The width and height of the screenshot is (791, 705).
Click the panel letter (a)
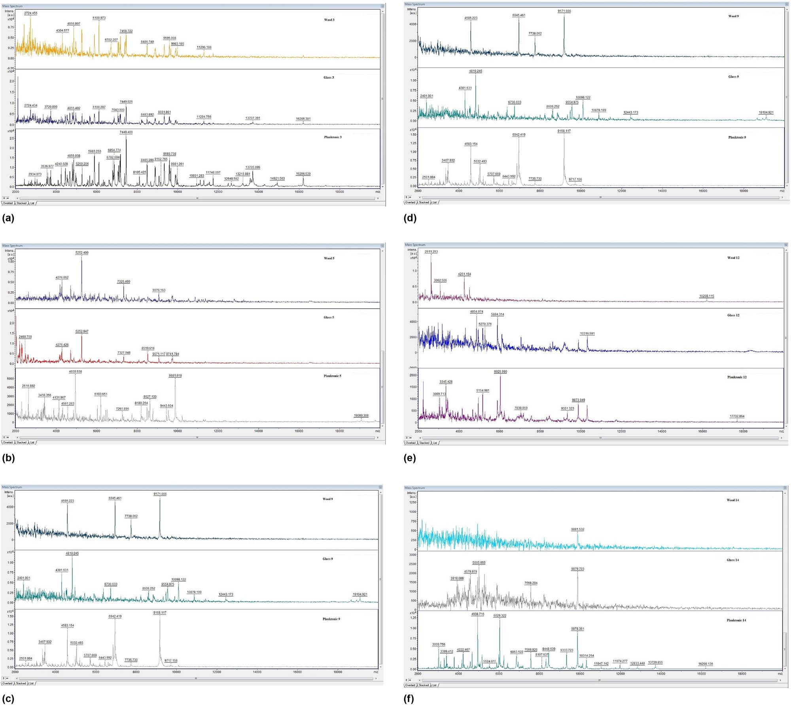click(8, 218)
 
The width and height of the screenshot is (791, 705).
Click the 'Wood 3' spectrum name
click(329, 20)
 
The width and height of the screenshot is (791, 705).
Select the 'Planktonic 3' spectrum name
click(333, 137)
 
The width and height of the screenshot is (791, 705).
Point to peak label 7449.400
click(126, 132)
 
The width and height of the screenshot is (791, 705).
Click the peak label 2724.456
click(30, 13)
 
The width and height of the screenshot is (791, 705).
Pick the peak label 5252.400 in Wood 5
click(82, 253)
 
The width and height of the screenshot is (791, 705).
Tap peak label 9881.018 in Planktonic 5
click(175, 375)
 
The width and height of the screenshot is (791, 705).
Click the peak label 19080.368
click(361, 415)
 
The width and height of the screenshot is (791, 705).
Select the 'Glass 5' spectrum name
click(329, 317)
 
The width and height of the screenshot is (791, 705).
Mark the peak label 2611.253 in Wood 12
click(431, 252)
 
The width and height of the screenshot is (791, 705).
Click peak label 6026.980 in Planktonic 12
click(500, 371)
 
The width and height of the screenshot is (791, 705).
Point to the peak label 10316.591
click(587, 334)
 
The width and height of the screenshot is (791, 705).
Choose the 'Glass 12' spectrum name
click(733, 315)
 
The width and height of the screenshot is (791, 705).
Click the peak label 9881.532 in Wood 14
click(577, 529)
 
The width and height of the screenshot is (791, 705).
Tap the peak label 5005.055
click(479, 563)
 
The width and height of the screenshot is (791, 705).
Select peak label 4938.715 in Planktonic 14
click(478, 614)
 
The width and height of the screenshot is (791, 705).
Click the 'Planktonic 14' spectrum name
click(736, 620)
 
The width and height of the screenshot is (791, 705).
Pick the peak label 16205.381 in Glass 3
click(303, 119)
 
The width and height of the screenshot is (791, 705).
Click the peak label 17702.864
click(737, 416)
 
